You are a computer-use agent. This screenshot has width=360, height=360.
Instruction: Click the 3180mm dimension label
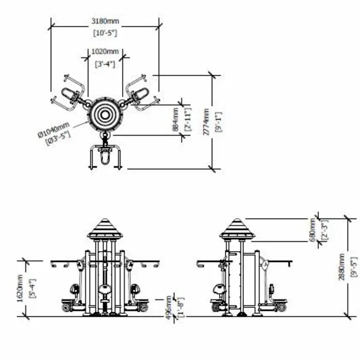[x=105, y=21]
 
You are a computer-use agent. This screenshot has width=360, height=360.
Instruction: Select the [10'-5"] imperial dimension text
[x=105, y=33]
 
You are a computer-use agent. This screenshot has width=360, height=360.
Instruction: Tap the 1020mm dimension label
[x=105, y=51]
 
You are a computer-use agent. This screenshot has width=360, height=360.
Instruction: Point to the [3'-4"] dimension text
[x=105, y=64]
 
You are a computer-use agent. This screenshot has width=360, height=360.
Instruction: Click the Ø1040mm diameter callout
[x=54, y=130]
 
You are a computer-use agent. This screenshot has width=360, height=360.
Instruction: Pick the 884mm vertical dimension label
[x=175, y=120]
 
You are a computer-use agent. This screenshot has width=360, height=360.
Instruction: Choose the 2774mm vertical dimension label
[x=206, y=122]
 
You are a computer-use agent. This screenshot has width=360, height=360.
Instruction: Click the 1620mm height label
[x=20, y=289]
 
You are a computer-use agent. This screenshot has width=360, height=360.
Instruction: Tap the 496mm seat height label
[x=169, y=307]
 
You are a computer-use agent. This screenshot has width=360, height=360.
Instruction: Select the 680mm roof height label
[x=312, y=230]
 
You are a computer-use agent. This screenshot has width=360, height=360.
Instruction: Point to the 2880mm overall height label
[x=342, y=267]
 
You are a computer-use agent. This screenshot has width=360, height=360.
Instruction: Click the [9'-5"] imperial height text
[x=354, y=267]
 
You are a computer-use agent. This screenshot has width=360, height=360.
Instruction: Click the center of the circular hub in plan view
[x=105, y=115]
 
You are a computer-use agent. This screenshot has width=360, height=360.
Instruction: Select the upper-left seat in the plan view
[x=69, y=94]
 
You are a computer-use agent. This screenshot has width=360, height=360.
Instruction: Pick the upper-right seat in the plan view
[x=141, y=94]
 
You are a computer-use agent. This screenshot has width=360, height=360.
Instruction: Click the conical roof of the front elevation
[x=105, y=228]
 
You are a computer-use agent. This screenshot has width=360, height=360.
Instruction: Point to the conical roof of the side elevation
[x=237, y=228]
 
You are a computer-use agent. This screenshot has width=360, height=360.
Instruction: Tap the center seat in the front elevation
[x=105, y=289]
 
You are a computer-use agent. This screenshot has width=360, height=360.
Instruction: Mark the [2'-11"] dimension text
[x=188, y=120]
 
